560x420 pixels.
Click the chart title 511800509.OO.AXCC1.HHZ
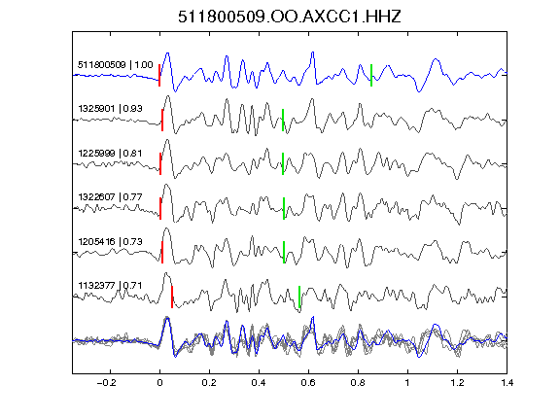(x=290, y=17)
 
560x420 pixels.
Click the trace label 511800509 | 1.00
(x=116, y=64)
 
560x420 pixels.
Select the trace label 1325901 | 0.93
(x=110, y=108)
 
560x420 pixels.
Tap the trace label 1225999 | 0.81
(x=110, y=154)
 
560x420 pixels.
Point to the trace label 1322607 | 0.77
(x=110, y=196)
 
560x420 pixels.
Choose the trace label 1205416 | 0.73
(x=110, y=242)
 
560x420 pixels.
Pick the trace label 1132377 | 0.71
(x=110, y=286)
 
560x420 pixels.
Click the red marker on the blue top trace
(x=159, y=75)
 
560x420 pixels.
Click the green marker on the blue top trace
(x=371, y=75)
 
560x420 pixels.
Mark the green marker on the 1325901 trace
(x=283, y=120)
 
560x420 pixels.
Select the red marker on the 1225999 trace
(x=160, y=163)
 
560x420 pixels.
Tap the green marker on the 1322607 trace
(x=284, y=208)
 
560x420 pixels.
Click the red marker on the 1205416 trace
(x=162, y=252)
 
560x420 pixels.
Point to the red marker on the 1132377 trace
(x=172, y=297)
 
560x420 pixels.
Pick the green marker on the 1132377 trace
(x=299, y=297)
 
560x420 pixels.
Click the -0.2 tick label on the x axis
(x=106, y=383)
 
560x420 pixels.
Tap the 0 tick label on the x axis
(x=159, y=383)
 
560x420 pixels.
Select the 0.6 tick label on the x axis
(x=308, y=383)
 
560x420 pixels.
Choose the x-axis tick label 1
(x=407, y=383)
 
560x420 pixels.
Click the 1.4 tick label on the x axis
(x=507, y=383)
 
